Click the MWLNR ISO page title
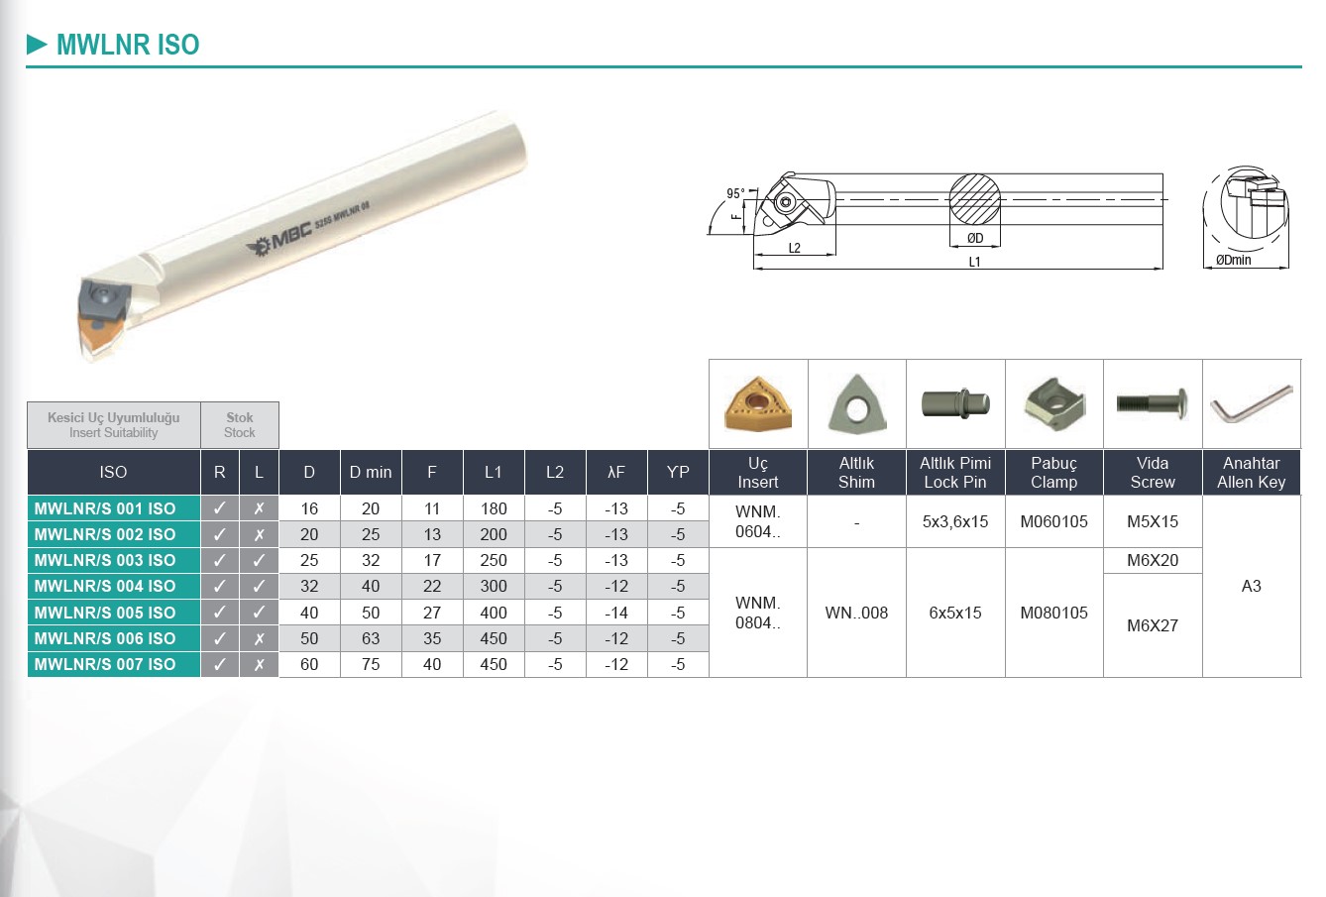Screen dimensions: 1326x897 tap(128, 45)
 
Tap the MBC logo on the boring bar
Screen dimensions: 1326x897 tap(278, 239)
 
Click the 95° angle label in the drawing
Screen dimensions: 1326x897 tap(735, 193)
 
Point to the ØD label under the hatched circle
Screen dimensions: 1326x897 tap(975, 238)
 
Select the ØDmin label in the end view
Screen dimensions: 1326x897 tap(1234, 260)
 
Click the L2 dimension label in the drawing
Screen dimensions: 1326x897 tap(795, 248)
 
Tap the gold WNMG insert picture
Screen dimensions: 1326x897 tap(758, 403)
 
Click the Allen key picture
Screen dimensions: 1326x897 tap(1251, 403)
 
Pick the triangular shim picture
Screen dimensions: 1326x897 tap(856, 404)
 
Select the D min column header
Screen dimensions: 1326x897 tap(371, 473)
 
